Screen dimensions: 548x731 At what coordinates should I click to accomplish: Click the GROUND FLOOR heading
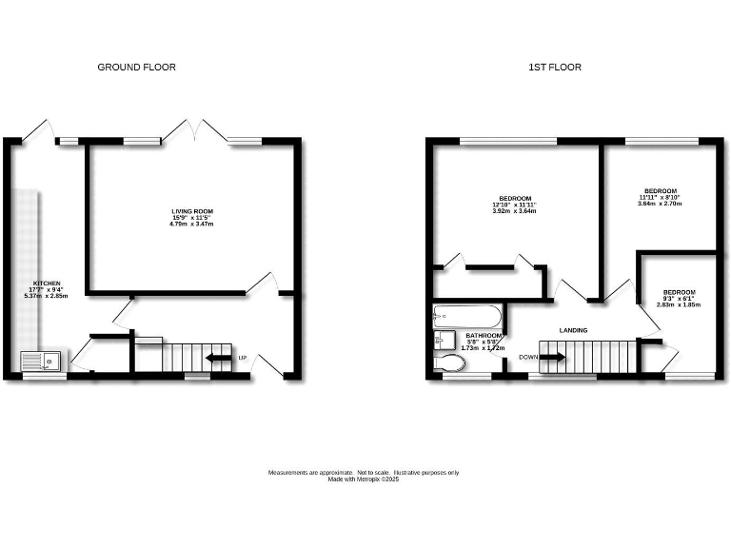coord(137,68)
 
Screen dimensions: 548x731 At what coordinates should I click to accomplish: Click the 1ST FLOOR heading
coord(555,68)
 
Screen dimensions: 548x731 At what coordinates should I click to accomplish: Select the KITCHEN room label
coord(48,284)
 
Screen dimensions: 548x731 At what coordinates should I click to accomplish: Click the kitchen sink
coord(41,361)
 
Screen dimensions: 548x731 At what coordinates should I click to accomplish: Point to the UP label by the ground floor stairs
coord(243,358)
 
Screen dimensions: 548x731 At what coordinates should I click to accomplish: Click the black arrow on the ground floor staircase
coord(219,358)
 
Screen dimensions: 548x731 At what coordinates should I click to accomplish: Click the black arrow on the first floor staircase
coord(553,357)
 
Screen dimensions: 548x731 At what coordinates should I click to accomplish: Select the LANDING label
coord(573,330)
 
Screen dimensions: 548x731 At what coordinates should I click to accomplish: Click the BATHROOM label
coord(484,336)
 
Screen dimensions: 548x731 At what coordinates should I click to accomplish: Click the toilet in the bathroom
coord(446,363)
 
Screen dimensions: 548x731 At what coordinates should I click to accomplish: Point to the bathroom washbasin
coord(441,340)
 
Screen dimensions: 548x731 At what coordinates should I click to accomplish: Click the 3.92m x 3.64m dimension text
coord(514,211)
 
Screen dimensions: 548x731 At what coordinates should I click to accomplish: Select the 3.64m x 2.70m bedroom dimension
coord(659,204)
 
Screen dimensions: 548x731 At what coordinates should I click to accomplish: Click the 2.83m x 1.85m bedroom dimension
coord(679,304)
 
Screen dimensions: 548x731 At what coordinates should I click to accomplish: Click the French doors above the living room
coord(194,132)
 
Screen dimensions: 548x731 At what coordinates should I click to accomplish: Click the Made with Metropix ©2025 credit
coord(364,479)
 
